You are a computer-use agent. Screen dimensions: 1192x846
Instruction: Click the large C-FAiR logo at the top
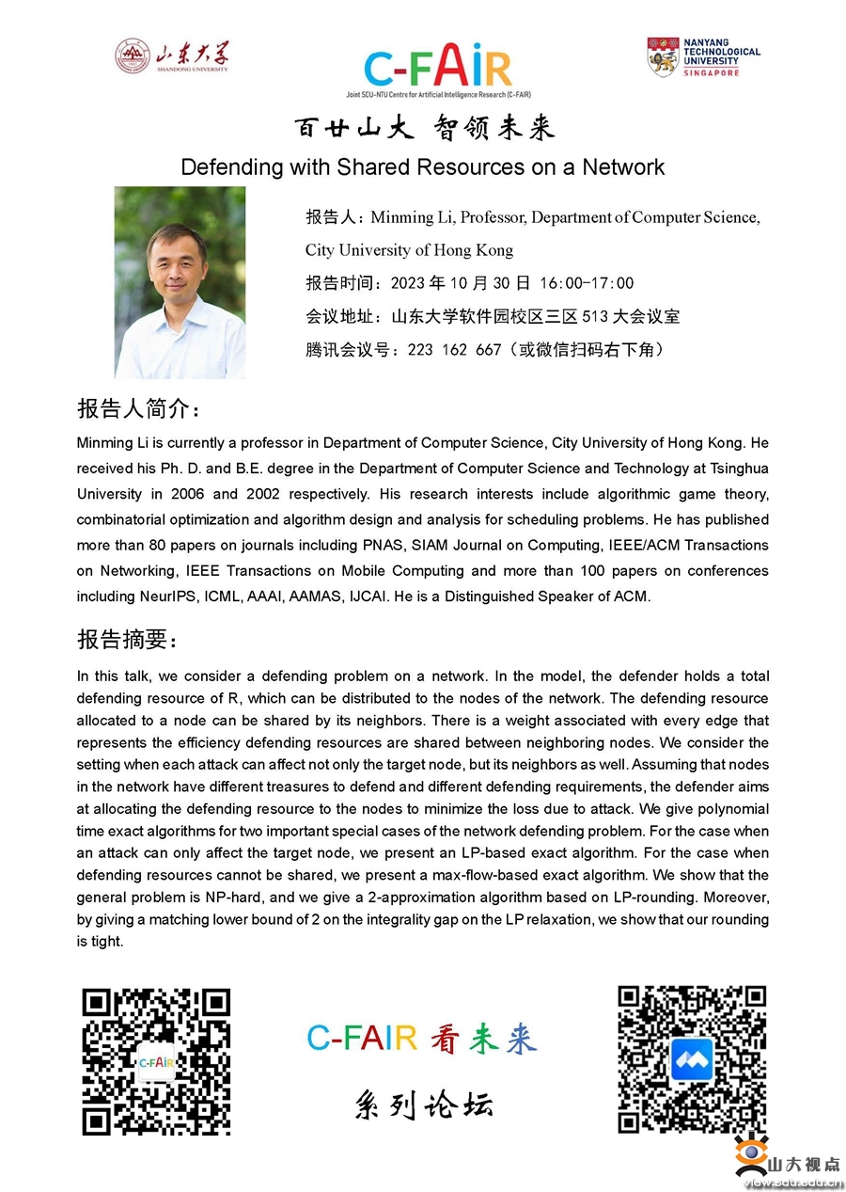(437, 68)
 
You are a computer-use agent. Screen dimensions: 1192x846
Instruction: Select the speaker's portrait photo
(180, 282)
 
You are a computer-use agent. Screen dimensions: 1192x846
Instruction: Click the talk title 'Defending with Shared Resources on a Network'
(422, 167)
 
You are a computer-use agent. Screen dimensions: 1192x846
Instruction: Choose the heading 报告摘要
(126, 640)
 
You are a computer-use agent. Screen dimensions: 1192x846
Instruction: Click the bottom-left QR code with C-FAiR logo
(156, 1060)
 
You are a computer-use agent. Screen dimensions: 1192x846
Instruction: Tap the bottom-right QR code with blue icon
(691, 1059)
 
